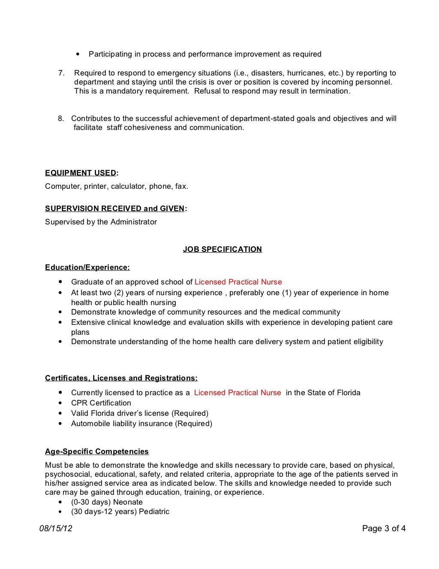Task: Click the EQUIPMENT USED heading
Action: (81, 173)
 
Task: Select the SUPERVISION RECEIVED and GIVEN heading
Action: (115, 209)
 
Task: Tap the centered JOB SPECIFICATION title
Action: (222, 249)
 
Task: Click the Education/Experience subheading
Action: (87, 267)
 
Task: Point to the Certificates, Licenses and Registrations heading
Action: (121, 378)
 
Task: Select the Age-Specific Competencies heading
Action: (97, 451)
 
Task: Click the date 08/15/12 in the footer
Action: (56, 528)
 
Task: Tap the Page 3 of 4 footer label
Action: (384, 528)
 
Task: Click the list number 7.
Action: (61, 73)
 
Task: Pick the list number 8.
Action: (61, 118)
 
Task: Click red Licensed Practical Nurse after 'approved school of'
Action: (238, 282)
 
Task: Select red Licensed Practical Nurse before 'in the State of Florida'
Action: (238, 393)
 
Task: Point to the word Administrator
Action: (134, 222)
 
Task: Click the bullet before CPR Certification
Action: (60, 403)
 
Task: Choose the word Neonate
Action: (128, 502)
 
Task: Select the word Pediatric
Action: (154, 511)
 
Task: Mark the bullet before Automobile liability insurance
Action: (60, 424)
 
